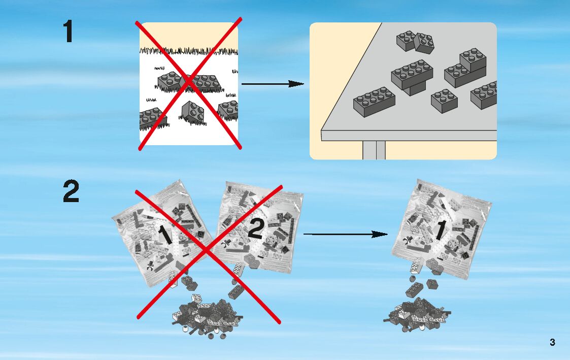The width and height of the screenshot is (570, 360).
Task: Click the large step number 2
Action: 71,192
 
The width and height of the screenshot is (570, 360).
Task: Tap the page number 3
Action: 552,342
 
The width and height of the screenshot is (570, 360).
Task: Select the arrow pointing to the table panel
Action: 272,84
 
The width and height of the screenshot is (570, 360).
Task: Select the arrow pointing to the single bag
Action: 346,234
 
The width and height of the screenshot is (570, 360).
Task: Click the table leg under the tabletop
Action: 374,150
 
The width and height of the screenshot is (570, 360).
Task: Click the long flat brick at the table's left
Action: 375,102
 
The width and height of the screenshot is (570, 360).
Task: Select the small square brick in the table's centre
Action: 444,101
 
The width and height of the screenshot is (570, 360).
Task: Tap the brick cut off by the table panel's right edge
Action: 484,95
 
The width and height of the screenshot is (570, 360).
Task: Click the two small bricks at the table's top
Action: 416,41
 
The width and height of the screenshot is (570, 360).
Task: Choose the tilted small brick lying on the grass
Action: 193,112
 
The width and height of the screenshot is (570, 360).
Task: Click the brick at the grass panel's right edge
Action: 229,110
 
